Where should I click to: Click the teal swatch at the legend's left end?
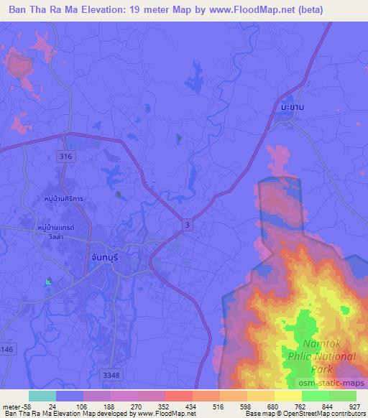(x=42, y=396)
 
